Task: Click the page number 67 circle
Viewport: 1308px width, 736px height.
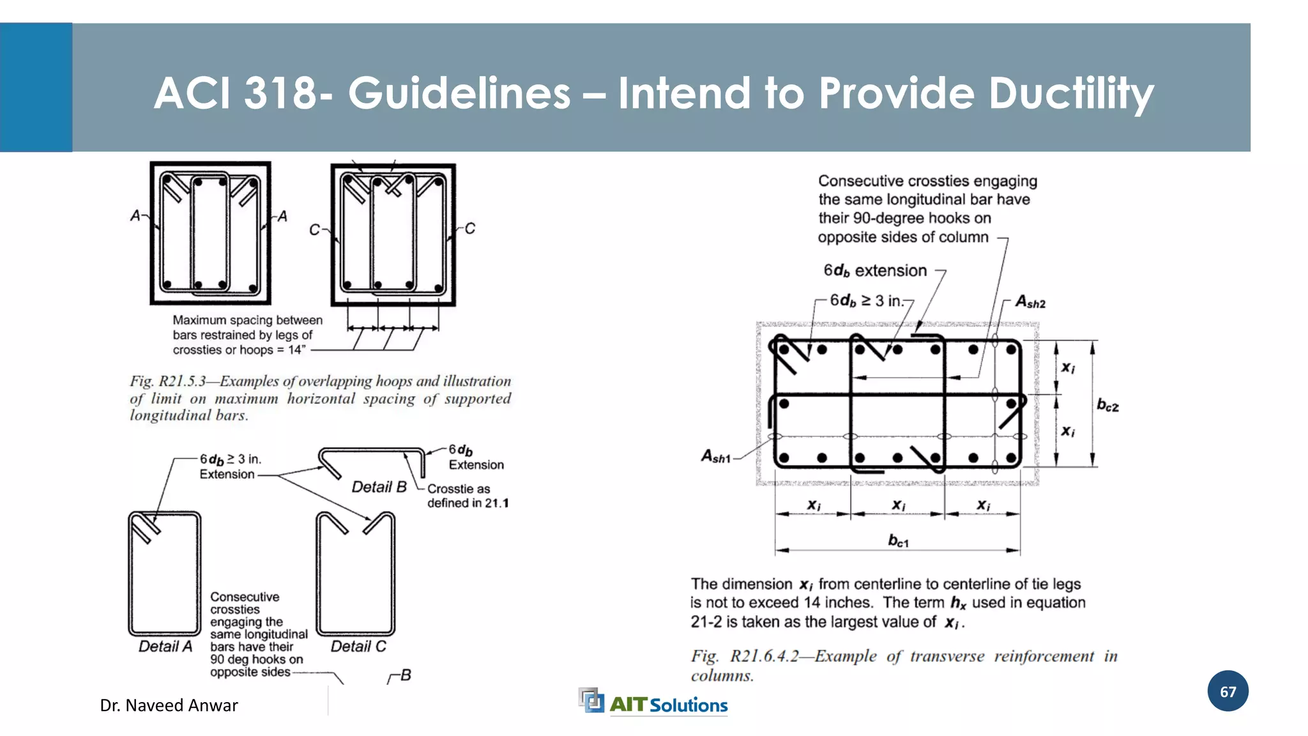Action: coord(1228,691)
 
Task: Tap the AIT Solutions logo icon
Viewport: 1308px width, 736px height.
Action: coord(591,700)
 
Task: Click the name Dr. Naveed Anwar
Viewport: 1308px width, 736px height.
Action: coord(169,705)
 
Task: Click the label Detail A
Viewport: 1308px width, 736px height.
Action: coord(165,647)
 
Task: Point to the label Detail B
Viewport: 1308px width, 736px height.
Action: coord(379,487)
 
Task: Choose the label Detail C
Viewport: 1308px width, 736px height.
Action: coord(358,647)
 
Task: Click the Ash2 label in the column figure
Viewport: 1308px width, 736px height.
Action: coord(1030,302)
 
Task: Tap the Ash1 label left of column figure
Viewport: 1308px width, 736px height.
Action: coord(715,456)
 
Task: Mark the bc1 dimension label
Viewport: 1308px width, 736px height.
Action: coord(898,541)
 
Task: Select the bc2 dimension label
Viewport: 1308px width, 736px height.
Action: coord(1107,405)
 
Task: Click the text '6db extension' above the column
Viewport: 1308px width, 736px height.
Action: coord(874,271)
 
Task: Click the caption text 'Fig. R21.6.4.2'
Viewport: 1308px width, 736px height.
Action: coord(745,656)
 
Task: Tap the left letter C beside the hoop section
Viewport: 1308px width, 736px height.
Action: coord(314,230)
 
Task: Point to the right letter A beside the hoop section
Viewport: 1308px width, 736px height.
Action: coord(282,217)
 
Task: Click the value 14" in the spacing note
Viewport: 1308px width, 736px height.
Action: coord(296,350)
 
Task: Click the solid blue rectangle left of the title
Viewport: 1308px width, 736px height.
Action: coord(36,88)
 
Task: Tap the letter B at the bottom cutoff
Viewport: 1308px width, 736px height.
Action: coord(406,675)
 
